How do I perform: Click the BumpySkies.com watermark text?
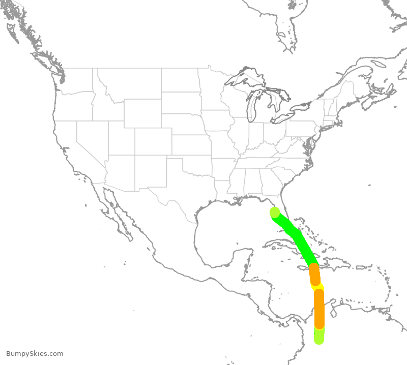coord(35,354)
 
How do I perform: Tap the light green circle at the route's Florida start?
coord(274,212)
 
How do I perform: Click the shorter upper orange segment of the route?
coord(315,275)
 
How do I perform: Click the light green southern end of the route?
coord(319,336)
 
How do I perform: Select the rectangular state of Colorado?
coord(153,142)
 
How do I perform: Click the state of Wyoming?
coord(142,113)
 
